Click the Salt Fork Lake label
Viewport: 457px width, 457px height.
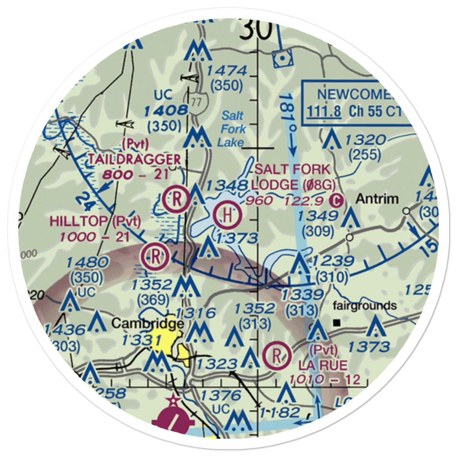(232, 129)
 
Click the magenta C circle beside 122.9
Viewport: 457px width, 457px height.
(336, 200)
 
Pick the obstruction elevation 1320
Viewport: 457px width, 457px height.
(366, 140)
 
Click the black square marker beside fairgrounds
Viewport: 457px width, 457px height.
(337, 323)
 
